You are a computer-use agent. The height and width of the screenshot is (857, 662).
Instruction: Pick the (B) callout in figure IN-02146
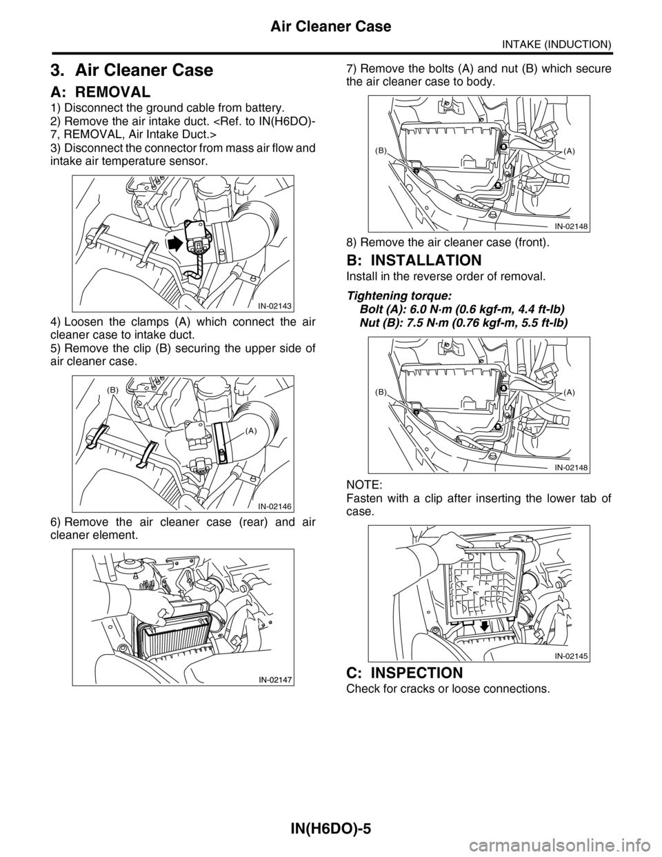[x=112, y=389]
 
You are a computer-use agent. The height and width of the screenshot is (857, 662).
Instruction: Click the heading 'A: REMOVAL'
[x=101, y=92]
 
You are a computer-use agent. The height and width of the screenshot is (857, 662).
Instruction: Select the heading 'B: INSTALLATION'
[x=414, y=260]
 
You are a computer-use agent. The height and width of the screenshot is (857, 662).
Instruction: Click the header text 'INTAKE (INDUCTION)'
[x=556, y=43]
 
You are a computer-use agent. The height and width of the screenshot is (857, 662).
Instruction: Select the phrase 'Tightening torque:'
[x=399, y=295]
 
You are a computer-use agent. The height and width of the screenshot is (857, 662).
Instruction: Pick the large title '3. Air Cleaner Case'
[x=132, y=70]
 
